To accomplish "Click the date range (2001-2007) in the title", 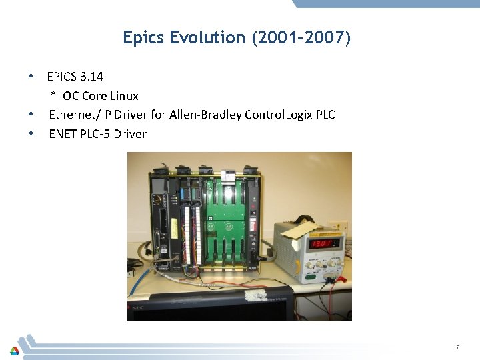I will pos(301,38).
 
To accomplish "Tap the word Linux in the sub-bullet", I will pos(123,96).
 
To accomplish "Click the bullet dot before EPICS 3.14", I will pos(31,77).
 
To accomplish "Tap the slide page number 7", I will pos(458,347).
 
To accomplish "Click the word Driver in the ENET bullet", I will pos(130,134).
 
